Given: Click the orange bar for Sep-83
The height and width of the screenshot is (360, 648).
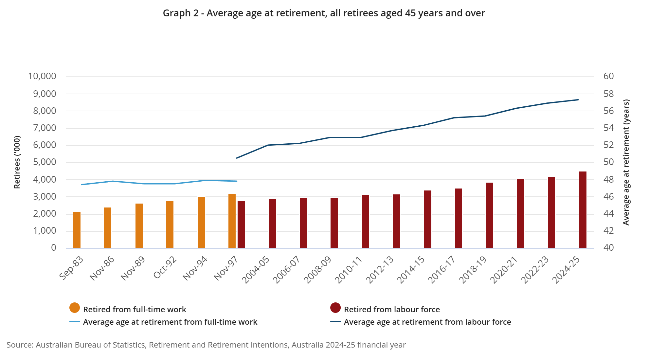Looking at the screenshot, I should coord(77,230).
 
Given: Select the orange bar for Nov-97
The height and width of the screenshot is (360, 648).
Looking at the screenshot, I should coord(232,221).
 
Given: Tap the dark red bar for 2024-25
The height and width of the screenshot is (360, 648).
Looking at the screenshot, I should coord(583,210).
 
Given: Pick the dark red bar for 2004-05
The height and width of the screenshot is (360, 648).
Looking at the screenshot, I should coord(273,224).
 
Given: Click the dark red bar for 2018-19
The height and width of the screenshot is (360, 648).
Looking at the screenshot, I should coord(489,215).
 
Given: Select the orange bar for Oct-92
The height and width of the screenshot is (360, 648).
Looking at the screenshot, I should coord(170,225).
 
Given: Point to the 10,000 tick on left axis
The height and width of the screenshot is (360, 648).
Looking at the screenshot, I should coord(42,76).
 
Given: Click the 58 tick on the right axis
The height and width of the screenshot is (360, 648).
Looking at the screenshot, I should coord(609,94).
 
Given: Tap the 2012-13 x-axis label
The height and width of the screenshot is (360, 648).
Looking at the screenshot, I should coord(380,270).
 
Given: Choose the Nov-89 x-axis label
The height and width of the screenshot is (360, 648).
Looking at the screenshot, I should coord(133,268).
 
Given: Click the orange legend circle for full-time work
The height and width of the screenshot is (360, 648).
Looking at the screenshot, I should coord(75,308).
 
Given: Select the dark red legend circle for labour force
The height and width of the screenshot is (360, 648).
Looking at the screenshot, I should coord(335,308).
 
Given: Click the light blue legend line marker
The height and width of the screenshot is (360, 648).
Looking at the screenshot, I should coord(75,322).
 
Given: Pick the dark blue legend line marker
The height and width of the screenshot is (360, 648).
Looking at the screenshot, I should coord(335,322).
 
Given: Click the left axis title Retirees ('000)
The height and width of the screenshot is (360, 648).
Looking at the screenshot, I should coord(17,162).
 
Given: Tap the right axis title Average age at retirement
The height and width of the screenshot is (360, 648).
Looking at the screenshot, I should coord(626,162).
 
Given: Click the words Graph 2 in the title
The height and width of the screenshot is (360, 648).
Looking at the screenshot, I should coord(181,13).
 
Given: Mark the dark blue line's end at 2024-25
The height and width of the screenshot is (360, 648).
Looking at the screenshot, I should coord(578,100).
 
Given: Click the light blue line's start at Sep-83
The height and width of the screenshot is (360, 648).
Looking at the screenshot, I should coord(81,185).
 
